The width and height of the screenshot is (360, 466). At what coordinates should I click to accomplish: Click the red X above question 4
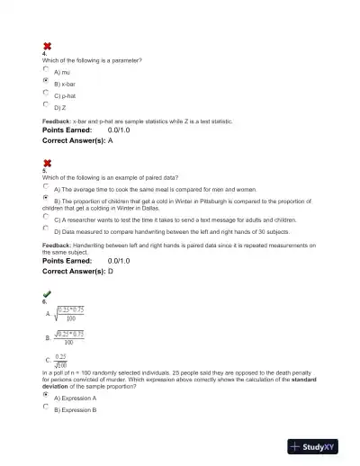click(x=47, y=47)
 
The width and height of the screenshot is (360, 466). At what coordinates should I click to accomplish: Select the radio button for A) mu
click(x=46, y=68)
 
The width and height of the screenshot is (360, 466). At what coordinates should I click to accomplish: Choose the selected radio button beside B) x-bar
click(x=46, y=81)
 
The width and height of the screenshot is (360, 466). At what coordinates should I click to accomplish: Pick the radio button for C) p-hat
click(x=46, y=93)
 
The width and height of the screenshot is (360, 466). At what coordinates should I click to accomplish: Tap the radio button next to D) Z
click(x=46, y=105)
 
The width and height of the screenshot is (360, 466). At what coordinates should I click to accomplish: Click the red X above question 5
click(x=47, y=163)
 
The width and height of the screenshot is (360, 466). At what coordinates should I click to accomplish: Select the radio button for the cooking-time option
click(x=46, y=188)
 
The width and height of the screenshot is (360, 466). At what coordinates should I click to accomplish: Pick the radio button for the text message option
click(x=46, y=217)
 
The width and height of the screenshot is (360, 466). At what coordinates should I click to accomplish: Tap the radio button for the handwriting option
click(x=46, y=229)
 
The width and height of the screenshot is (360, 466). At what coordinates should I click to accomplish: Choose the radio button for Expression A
click(x=46, y=395)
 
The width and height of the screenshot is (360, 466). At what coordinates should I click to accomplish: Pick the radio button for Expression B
click(x=46, y=407)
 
